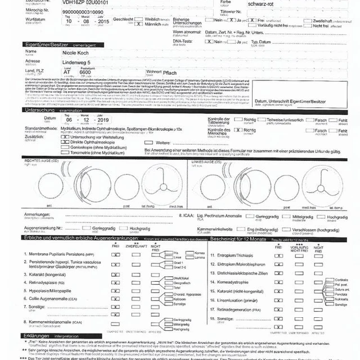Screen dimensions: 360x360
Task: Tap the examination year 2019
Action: click(103, 120)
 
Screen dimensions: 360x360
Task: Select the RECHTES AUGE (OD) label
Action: click(42, 161)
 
